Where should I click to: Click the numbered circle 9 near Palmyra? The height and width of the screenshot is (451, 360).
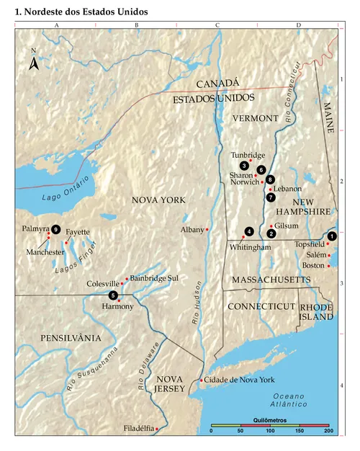point(55,228)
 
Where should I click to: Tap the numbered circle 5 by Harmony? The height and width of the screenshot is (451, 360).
point(112,295)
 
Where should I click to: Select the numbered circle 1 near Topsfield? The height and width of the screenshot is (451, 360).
point(331,236)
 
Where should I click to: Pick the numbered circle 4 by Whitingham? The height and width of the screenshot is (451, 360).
point(248,231)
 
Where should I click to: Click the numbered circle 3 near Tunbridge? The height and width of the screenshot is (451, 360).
point(245,166)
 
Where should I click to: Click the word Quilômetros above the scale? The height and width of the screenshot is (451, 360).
point(269,419)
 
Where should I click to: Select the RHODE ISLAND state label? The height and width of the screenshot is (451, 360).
point(316,312)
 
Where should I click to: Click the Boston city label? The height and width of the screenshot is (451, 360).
point(313,265)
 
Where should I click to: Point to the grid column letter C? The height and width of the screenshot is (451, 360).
point(217,25)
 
